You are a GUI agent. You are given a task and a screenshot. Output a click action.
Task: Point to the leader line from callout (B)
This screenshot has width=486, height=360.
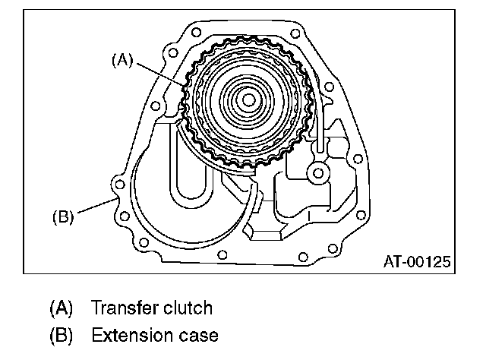tap(94, 207)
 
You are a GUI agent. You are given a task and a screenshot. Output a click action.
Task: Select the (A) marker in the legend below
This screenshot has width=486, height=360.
tap(61, 309)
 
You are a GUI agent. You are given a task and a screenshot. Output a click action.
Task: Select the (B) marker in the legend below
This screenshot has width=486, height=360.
tap(61, 334)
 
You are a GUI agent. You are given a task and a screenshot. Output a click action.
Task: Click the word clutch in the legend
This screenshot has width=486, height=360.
tap(190, 309)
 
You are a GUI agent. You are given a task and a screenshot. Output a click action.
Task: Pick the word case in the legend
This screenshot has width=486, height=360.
tap(198, 334)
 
